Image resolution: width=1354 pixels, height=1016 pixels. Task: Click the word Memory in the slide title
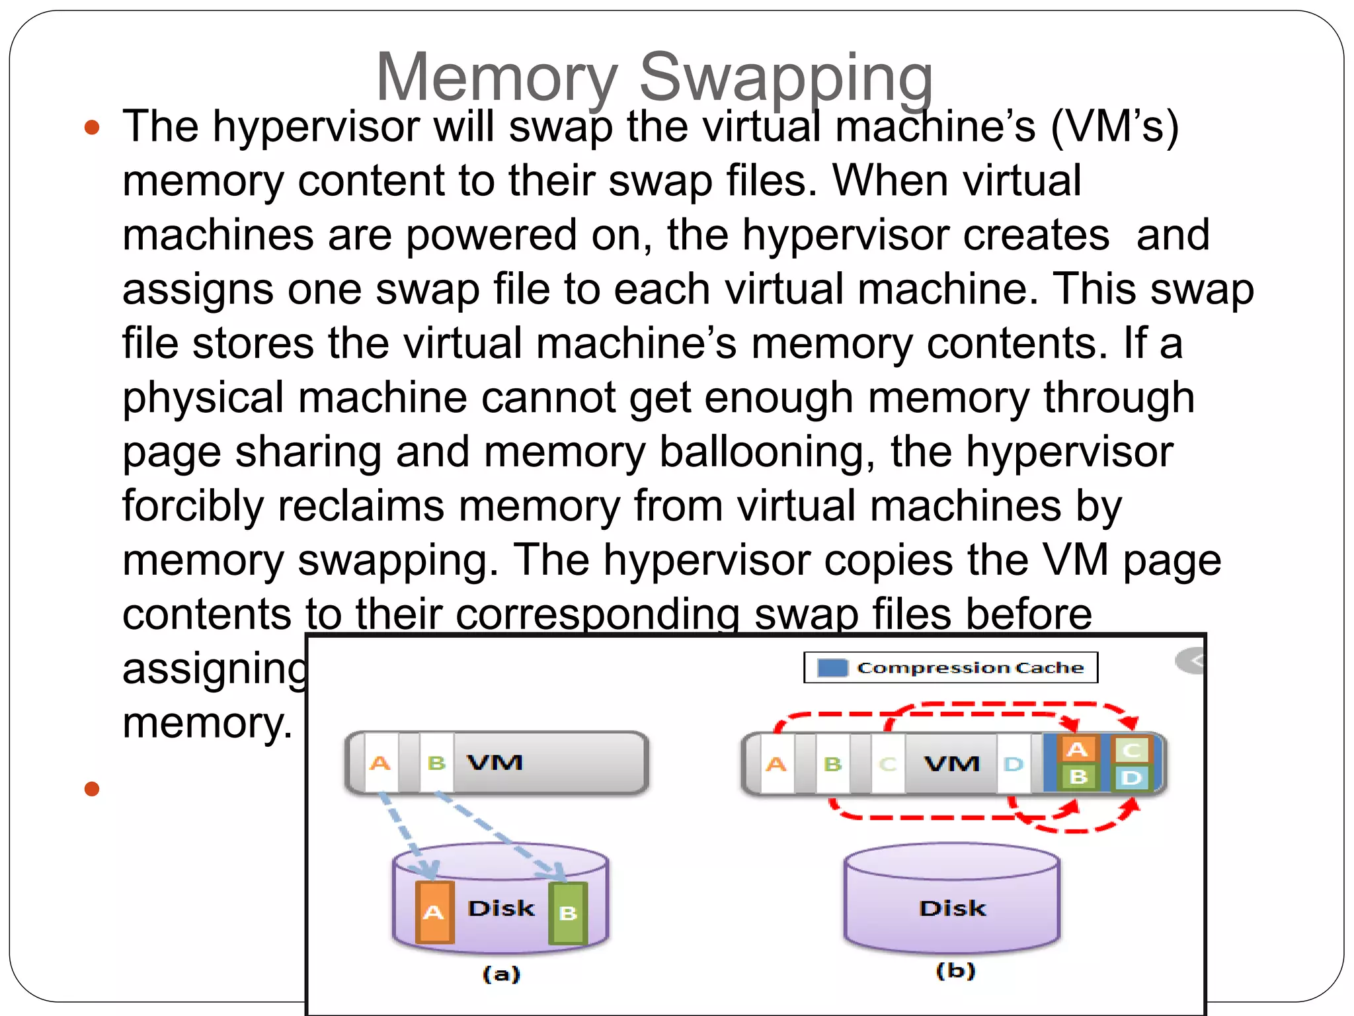497,78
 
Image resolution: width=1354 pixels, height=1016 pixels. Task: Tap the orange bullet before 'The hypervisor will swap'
92,127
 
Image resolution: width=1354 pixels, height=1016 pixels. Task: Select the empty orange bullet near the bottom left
92,788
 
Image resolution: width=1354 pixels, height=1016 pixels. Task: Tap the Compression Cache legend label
970,667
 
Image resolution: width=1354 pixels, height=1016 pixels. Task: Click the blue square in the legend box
832,667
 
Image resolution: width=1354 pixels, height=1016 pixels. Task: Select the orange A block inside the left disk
434,912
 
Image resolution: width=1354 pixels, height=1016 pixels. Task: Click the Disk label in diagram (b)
952,908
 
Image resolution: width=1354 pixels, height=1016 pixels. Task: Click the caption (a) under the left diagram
501,973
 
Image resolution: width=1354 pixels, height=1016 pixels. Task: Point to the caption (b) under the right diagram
955,970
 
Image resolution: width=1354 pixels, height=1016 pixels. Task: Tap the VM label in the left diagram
495,763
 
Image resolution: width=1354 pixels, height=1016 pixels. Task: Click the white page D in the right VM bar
1013,765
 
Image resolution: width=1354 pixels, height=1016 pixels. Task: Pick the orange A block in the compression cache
1077,750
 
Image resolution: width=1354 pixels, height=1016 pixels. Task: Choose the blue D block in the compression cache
1131,777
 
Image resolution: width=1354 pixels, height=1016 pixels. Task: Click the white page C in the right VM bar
888,765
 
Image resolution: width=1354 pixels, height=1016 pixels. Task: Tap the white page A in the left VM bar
380,763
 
